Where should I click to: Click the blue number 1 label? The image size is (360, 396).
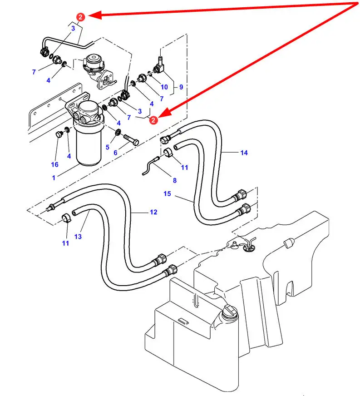tap(54, 178)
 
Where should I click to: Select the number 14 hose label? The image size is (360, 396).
tap(244, 153)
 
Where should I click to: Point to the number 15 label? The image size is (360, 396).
tap(168, 194)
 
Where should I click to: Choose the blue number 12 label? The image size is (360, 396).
tap(153, 212)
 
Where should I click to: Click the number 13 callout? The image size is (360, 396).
tap(78, 237)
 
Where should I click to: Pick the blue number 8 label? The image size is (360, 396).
tap(174, 180)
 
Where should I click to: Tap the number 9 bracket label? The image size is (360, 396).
tap(181, 87)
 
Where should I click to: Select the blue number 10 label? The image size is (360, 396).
tap(164, 87)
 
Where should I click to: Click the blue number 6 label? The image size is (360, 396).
tap(115, 153)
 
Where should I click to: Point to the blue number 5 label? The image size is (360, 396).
tap(107, 148)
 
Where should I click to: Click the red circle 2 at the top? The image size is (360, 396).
tap(80, 17)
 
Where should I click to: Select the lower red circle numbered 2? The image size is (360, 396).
tap(153, 120)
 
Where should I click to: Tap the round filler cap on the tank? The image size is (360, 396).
tap(230, 312)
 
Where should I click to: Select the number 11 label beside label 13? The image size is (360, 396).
tap(66, 243)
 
